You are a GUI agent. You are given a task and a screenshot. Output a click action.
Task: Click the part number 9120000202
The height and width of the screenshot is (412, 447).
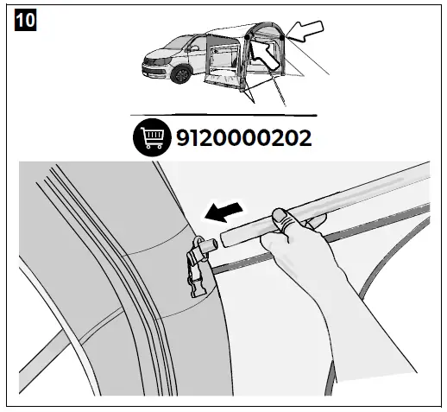(x=243, y=137)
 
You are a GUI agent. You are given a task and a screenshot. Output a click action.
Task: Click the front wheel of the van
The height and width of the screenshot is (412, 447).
(x=180, y=74)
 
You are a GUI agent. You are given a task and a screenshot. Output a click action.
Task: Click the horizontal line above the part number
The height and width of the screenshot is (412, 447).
(x=223, y=114)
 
